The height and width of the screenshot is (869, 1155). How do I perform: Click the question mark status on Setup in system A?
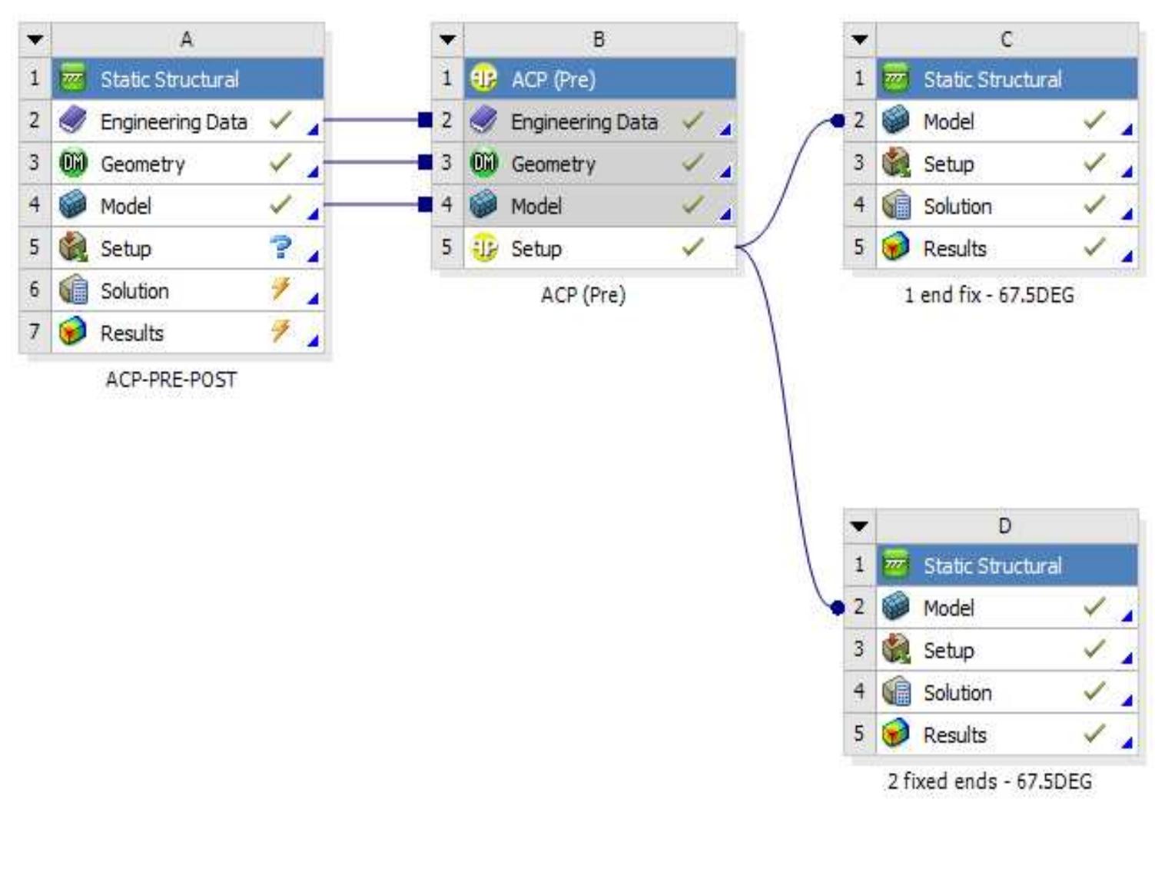tap(281, 247)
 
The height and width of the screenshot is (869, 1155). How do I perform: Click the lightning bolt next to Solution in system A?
tap(280, 290)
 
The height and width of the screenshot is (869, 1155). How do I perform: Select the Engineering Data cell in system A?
tap(174, 121)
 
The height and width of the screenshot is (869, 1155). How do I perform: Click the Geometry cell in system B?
tap(553, 164)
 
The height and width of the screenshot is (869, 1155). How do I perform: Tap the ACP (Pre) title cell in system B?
tap(553, 79)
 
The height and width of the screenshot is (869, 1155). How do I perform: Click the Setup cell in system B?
tap(536, 248)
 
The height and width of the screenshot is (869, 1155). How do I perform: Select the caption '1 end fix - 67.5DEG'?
tap(989, 295)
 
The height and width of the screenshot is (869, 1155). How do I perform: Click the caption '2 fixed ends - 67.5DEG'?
tap(989, 781)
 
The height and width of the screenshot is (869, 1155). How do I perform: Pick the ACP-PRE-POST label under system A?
tap(171, 380)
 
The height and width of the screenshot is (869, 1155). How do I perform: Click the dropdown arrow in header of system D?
tap(859, 526)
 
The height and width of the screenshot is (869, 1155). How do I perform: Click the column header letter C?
tap(1006, 40)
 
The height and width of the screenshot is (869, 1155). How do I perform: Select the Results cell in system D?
tap(954, 735)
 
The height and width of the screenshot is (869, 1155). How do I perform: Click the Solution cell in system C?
tap(957, 206)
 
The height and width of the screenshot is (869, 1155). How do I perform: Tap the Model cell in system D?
tap(948, 608)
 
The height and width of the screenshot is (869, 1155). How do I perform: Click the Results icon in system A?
tap(73, 332)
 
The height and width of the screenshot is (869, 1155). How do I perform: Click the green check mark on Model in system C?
tap(1094, 121)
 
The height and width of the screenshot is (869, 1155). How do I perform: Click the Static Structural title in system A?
tap(170, 79)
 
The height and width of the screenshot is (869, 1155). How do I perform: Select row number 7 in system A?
tap(35, 332)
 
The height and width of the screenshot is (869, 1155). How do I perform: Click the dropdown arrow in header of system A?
tap(35, 40)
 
